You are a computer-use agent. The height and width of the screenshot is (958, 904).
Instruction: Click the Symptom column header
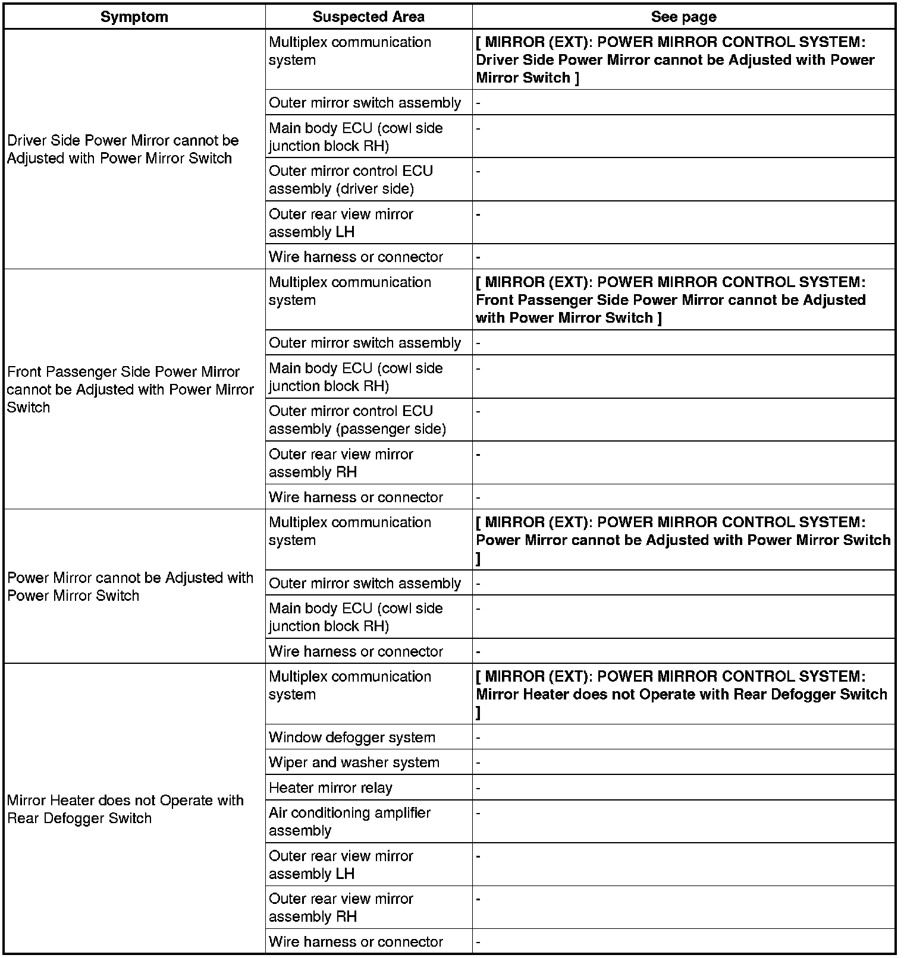[x=134, y=17]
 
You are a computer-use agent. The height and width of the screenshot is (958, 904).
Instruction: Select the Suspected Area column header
[x=368, y=17]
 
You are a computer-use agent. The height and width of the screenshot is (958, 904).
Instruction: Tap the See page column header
[x=683, y=17]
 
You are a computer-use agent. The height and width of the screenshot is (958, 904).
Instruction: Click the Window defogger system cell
[x=352, y=738]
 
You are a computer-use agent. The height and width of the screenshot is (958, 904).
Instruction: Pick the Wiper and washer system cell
[x=354, y=762]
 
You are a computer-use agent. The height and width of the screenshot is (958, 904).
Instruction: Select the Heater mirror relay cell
[x=331, y=788]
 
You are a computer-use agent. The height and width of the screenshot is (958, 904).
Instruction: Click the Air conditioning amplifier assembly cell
[x=350, y=821]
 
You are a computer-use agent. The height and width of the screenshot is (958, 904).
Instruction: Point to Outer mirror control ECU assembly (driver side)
[x=351, y=179]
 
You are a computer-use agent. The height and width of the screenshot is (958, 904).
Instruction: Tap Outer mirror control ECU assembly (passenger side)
[x=357, y=420]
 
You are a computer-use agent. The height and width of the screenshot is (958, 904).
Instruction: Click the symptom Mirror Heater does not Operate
[x=125, y=809]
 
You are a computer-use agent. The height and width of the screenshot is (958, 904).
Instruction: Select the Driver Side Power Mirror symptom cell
[x=123, y=149]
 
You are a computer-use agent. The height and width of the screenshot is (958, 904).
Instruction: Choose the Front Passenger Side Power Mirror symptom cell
[x=130, y=389]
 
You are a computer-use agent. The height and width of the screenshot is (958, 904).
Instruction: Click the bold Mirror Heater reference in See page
[x=682, y=694]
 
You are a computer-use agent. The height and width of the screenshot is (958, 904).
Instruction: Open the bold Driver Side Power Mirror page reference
[x=675, y=59]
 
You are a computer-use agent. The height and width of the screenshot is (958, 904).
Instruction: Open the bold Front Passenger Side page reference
[x=671, y=300]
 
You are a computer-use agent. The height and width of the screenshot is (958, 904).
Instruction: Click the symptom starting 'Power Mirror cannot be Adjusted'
[x=130, y=587]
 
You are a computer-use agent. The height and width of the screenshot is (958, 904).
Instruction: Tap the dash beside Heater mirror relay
[x=479, y=788]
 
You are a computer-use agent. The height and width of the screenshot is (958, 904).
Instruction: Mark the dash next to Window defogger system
[x=479, y=738]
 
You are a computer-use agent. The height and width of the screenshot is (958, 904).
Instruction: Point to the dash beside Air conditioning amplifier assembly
[x=479, y=813]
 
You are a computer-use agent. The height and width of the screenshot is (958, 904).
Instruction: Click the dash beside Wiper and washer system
[x=479, y=762]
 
